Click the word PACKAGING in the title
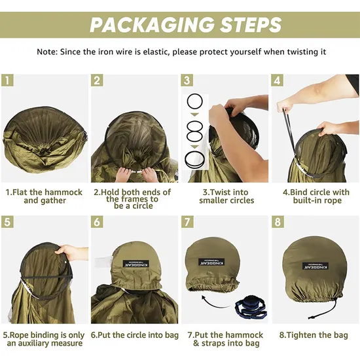click(152, 25)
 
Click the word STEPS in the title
click(251, 25)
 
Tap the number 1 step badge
click(7, 81)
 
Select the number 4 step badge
click(278, 81)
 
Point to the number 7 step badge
click(187, 222)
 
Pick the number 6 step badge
click(97, 222)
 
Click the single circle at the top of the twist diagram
click(195, 101)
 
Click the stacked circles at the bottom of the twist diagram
click(195, 160)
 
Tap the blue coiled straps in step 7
click(251, 308)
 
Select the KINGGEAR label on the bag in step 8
click(315, 266)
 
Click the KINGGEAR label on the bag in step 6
click(136, 264)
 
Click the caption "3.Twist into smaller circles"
click(226, 196)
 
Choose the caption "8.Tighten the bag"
click(314, 335)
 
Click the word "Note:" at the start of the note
click(47, 52)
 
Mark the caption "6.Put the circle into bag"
click(135, 335)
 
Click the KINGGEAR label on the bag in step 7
click(211, 262)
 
